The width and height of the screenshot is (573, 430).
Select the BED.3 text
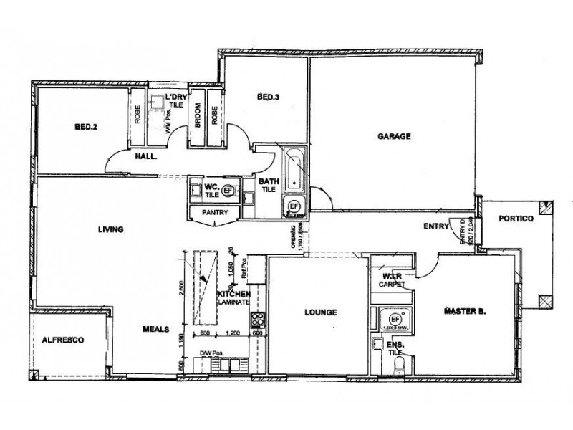point(268,97)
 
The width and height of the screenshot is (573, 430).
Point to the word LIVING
point(112,230)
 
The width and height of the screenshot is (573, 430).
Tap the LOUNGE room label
point(320,312)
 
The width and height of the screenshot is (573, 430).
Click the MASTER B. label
point(465,312)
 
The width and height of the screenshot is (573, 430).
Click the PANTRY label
point(215,212)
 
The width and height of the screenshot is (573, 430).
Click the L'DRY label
point(176,97)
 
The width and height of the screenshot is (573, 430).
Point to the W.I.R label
point(390,276)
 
